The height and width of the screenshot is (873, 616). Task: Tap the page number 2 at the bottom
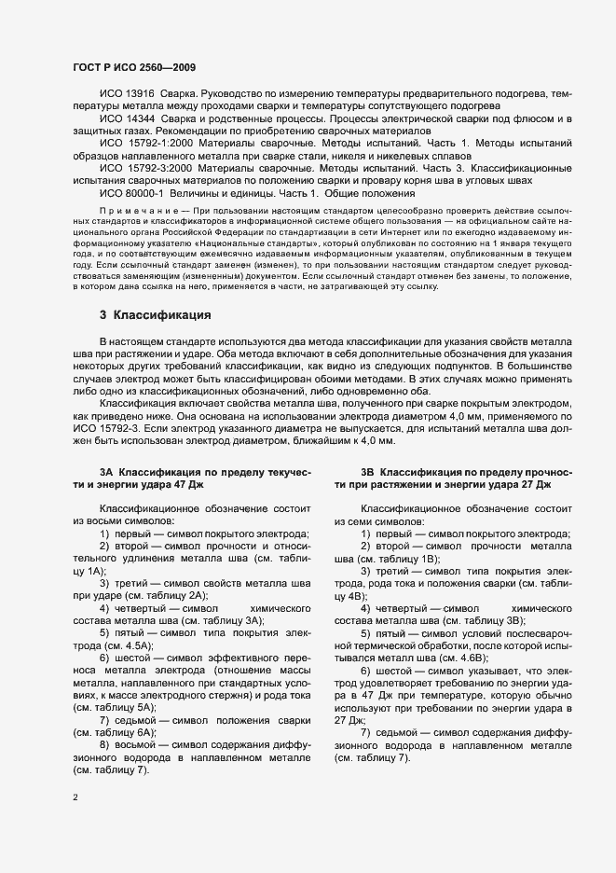pyautogui.click(x=75, y=797)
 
